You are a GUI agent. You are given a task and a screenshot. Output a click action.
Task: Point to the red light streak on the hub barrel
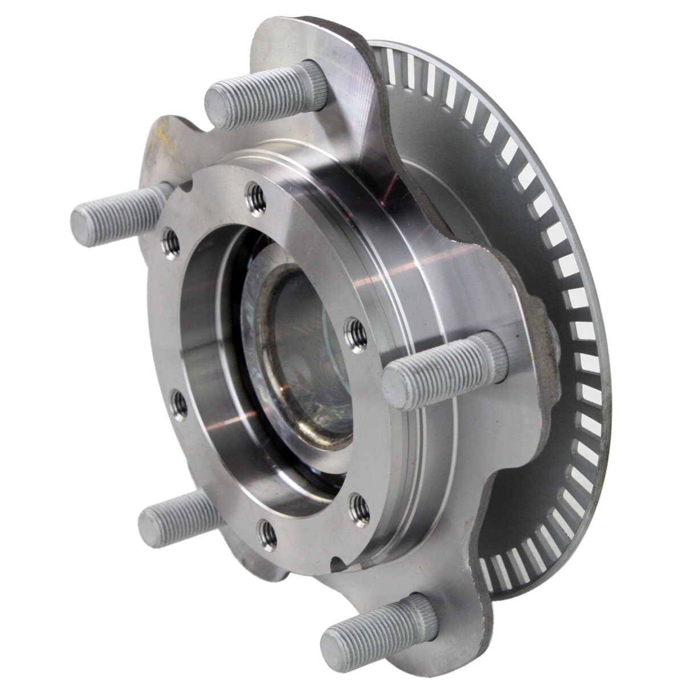(x=393, y=188)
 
